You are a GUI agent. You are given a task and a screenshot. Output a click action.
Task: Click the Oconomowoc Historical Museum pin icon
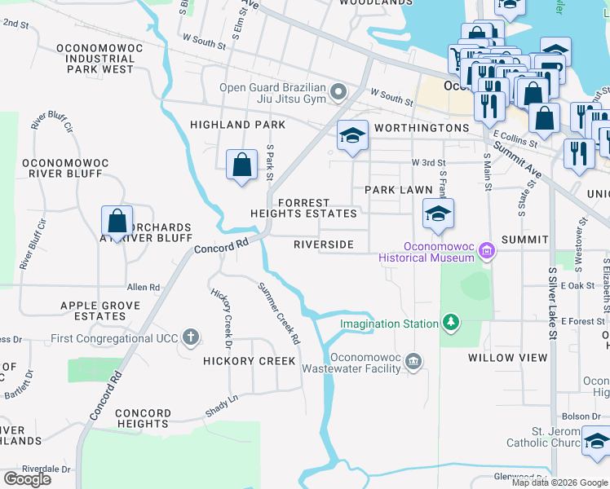[x=487, y=251]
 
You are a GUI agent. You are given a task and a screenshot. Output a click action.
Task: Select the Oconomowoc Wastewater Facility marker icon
[x=413, y=361]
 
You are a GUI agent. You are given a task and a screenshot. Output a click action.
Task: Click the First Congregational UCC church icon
[x=190, y=337]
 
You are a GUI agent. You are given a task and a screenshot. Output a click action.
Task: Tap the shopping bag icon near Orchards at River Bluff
[x=117, y=221]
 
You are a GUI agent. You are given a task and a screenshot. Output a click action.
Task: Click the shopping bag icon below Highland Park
[x=242, y=165]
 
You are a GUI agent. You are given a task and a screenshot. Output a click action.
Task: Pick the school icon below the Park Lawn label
[x=438, y=214]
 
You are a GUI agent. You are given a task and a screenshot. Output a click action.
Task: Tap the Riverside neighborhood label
[x=324, y=244]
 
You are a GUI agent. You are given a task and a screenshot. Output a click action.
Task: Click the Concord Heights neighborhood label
[x=143, y=419]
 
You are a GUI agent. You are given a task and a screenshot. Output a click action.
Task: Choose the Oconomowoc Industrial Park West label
[x=95, y=59]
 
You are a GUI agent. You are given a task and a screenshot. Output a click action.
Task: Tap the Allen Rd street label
[x=144, y=288]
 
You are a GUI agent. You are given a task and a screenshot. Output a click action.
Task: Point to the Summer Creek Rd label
[x=278, y=311]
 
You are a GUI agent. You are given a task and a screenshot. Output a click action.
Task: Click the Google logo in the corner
[x=27, y=479]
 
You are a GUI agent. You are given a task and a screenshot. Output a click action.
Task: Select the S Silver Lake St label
[x=552, y=302]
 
